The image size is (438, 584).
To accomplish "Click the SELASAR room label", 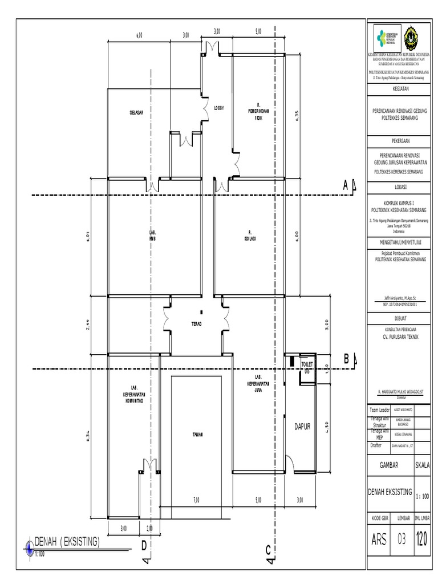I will [x=135, y=112].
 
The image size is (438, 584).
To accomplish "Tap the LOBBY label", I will [x=219, y=108].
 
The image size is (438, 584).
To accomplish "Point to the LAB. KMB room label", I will [x=152, y=236].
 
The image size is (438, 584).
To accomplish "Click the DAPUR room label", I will [x=302, y=426].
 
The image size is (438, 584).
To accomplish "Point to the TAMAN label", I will [x=197, y=435].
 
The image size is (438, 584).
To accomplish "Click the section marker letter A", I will [x=345, y=186].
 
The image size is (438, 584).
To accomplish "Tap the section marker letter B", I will [x=346, y=359].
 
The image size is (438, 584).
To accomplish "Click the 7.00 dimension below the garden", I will [x=196, y=500].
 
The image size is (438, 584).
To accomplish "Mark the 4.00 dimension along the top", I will [x=139, y=35].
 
